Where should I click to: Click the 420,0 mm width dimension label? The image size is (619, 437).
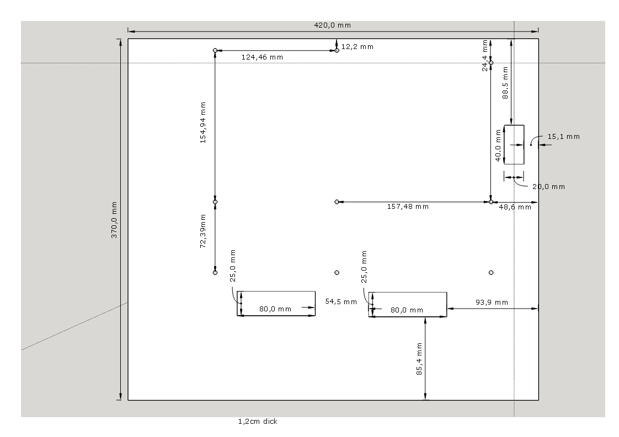(x=333, y=25)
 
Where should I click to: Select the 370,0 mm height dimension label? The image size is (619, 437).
(x=114, y=220)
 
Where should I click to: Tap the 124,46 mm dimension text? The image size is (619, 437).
(x=262, y=57)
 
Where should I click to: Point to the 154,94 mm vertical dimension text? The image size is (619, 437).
(x=203, y=123)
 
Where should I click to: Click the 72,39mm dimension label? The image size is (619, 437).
(x=203, y=231)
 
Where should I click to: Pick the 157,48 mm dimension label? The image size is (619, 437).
(x=408, y=207)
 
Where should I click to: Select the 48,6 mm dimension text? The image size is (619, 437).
(x=515, y=207)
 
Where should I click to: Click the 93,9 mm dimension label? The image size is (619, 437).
(x=492, y=303)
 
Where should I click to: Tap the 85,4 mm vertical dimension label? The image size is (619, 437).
(x=419, y=359)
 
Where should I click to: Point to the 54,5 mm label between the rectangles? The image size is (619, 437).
(x=341, y=302)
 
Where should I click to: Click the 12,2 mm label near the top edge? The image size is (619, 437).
(x=357, y=47)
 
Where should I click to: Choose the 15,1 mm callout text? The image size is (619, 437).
(x=564, y=137)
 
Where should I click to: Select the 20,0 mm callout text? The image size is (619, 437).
(x=549, y=187)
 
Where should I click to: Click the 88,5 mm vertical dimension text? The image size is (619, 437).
(x=505, y=83)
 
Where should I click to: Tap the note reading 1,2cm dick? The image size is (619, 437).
(x=258, y=422)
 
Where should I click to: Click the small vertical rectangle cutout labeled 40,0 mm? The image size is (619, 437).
(x=514, y=126)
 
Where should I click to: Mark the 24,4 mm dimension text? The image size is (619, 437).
(x=485, y=56)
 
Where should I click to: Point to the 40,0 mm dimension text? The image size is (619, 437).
(x=498, y=145)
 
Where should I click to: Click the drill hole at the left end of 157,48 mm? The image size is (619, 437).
(x=337, y=202)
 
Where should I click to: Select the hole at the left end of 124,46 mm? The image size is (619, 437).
(x=215, y=51)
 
